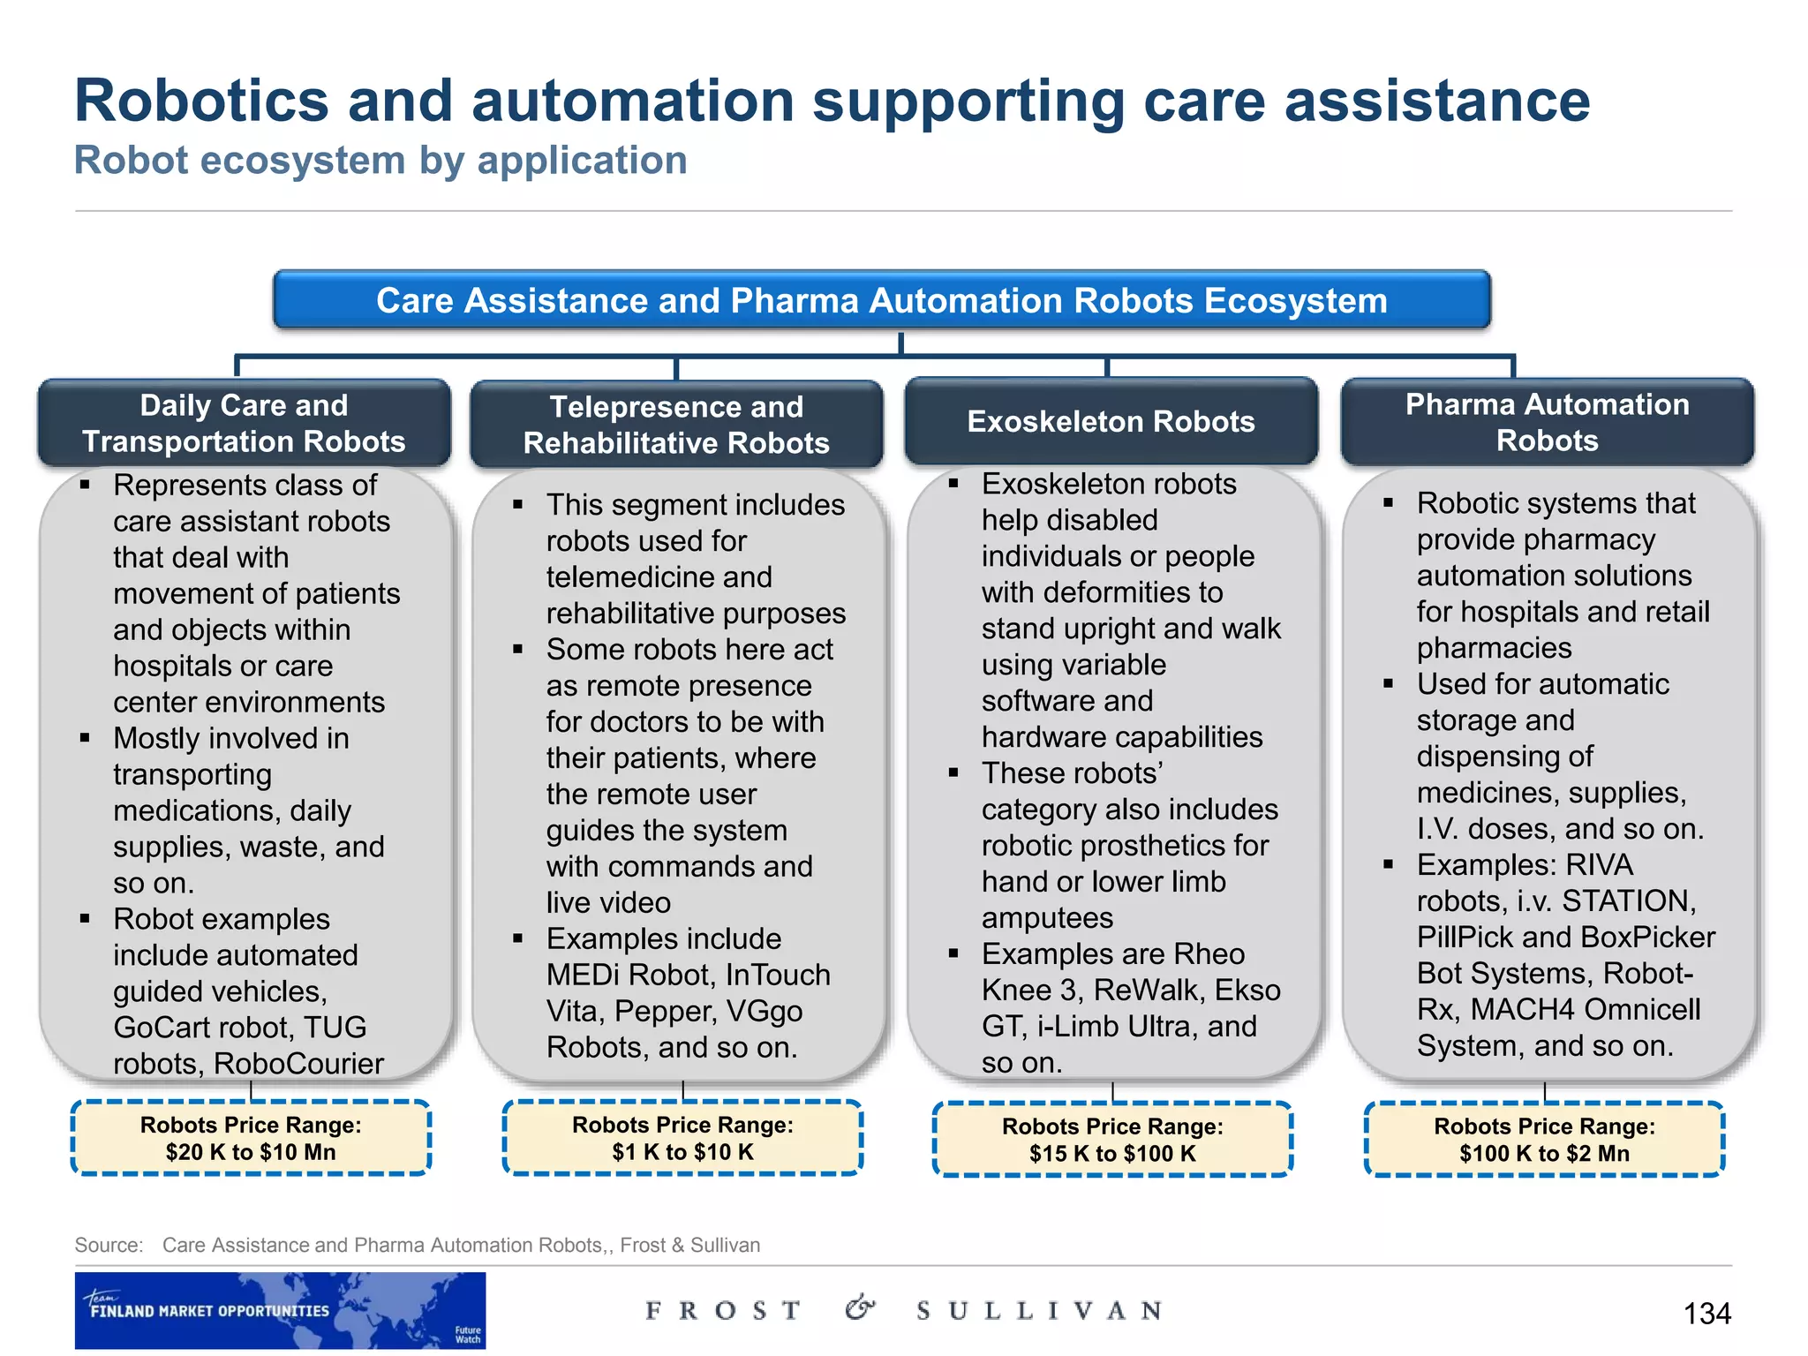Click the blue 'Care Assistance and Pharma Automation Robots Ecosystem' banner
tap(881, 300)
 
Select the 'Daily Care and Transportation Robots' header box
tap(244, 423)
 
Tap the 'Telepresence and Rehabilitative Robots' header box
tap(676, 425)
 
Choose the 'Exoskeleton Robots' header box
tap(1111, 422)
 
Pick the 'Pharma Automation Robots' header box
tap(1547, 422)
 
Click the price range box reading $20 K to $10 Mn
tap(251, 1138)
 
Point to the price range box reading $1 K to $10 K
tap(682, 1138)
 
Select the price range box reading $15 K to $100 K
tap(1112, 1140)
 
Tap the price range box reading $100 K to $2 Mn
tap(1544, 1140)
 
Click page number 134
tap(1706, 1314)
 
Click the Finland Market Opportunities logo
tap(280, 1310)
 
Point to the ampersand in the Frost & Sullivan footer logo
tap(859, 1307)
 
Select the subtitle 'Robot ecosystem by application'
tap(380, 161)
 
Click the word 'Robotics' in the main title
tap(201, 101)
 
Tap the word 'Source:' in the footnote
tap(109, 1245)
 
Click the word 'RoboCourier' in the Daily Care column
tap(298, 1064)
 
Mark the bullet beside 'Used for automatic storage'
tap(1389, 684)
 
